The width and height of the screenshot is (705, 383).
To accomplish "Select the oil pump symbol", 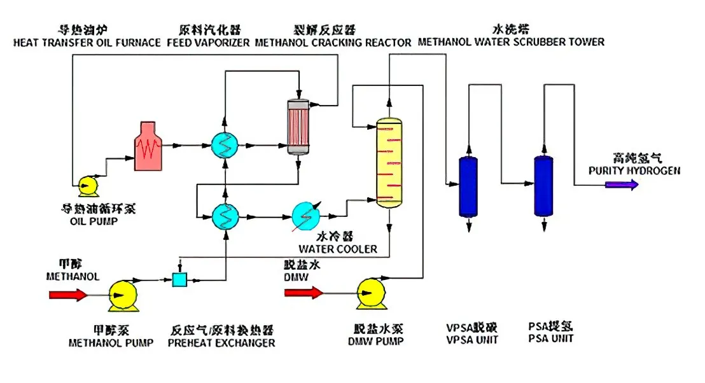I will [87, 185].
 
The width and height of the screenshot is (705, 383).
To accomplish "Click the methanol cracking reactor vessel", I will [297, 126].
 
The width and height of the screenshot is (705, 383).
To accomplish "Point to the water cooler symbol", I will [307, 215].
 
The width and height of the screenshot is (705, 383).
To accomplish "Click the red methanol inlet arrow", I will [68, 295].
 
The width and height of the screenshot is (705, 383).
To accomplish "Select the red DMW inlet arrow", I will [304, 293].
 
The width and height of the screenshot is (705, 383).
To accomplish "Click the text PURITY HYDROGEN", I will [625, 171].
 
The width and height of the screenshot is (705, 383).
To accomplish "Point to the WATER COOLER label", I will [337, 249].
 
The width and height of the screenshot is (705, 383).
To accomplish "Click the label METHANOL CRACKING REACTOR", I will [333, 43].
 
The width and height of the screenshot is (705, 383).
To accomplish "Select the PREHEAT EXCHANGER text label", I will [221, 343].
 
